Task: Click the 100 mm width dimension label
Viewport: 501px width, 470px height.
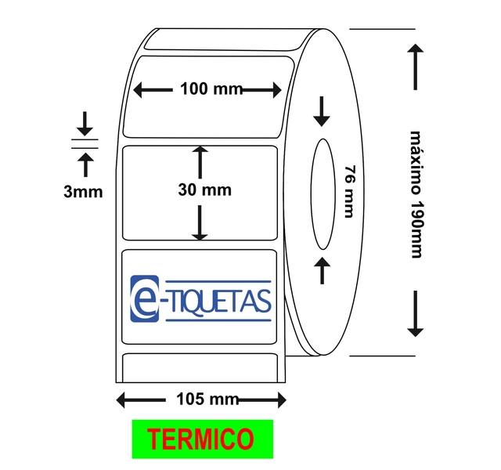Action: [x=211, y=89]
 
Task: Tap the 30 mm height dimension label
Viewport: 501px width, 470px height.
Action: [x=204, y=190]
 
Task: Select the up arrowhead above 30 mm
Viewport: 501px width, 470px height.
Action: [x=201, y=151]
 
